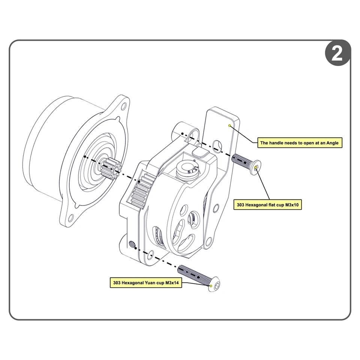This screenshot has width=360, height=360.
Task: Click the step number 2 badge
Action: pos(337,53)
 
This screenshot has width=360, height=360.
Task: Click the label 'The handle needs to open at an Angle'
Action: pos(299,143)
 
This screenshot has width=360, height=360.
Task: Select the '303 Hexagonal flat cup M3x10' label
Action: pos(268,205)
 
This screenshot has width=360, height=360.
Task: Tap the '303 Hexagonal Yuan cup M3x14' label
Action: pos(146,283)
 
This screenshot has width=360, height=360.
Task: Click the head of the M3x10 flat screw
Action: pos(256,168)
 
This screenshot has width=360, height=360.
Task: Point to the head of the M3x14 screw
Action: pos(212,286)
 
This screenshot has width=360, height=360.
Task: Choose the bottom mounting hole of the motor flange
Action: pos(70,217)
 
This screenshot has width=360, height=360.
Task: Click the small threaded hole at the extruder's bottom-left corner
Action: pos(132,244)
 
